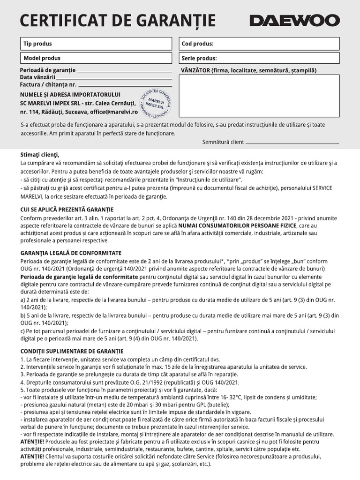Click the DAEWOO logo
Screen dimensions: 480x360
point(294,21)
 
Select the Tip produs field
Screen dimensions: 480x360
point(97,44)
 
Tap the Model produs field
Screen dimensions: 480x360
point(97,58)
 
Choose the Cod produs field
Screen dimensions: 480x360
point(259,44)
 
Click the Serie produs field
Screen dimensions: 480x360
point(259,58)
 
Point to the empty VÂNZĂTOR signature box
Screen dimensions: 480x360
point(259,96)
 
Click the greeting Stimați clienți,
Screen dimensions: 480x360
point(40,155)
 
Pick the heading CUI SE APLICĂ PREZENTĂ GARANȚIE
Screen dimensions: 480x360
point(67,210)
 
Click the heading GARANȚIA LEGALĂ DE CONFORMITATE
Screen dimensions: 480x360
point(71,253)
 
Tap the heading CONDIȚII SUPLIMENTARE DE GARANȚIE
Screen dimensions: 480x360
point(72,351)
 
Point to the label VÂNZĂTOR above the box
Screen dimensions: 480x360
point(195,70)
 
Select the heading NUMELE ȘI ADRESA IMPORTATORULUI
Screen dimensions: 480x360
point(70,95)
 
